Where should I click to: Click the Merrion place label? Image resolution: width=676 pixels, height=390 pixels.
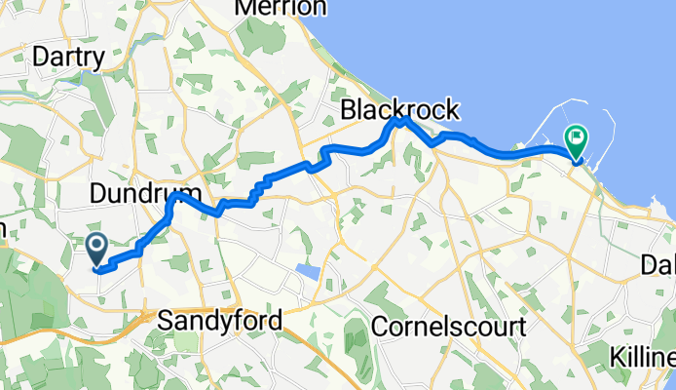pyautogui.click(x=281, y=8)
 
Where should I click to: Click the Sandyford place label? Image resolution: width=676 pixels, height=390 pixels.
pyautogui.click(x=220, y=320)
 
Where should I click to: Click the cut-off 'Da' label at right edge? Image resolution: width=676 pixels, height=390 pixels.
pyautogui.click(x=657, y=264)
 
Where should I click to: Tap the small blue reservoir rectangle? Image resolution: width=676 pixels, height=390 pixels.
pyautogui.click(x=307, y=270)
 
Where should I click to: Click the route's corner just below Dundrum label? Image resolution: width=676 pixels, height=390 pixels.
pyautogui.click(x=174, y=196)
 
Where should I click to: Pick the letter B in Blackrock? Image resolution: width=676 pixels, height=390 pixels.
pyautogui.click(x=348, y=107)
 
